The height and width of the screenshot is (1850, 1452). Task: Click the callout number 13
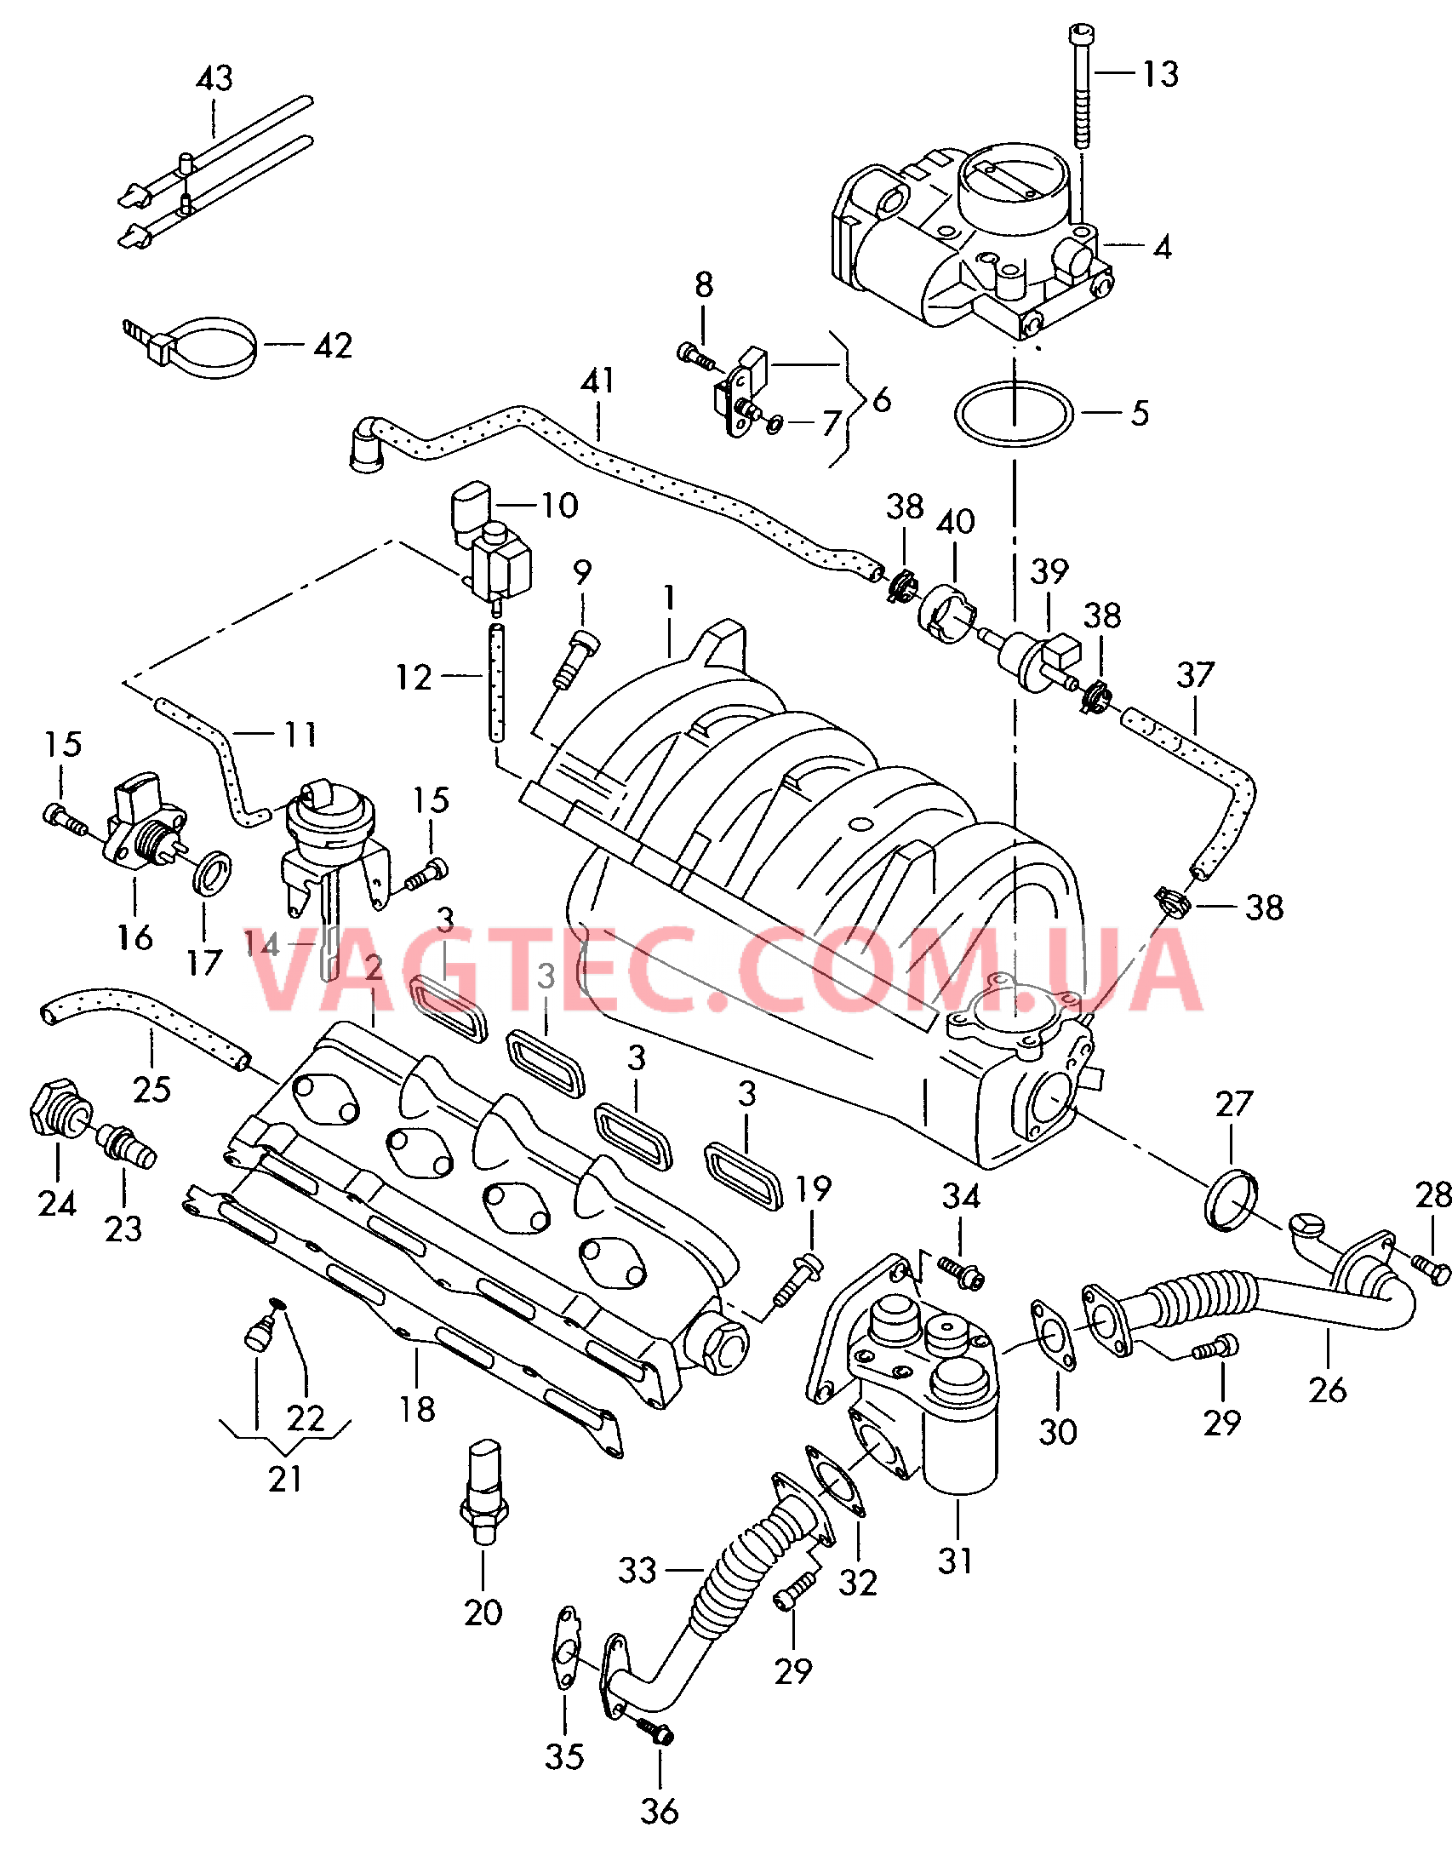(1160, 74)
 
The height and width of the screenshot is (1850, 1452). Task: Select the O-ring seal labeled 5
(1013, 413)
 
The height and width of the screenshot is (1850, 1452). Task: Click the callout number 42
(333, 346)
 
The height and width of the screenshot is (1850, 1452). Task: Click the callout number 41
(597, 381)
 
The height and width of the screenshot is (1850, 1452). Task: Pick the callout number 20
(483, 1612)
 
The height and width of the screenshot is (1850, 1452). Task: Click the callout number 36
(660, 1811)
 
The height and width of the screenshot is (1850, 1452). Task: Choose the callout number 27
(1234, 1104)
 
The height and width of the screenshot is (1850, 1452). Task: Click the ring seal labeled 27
(1232, 1200)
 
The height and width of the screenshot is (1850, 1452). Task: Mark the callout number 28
(1433, 1195)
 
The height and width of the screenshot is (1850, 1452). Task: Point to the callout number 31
(955, 1561)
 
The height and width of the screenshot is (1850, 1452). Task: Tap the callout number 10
(560, 506)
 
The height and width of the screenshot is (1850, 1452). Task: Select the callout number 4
(1163, 248)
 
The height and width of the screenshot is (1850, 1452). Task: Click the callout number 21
(285, 1480)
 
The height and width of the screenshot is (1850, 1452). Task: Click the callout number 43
(214, 78)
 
